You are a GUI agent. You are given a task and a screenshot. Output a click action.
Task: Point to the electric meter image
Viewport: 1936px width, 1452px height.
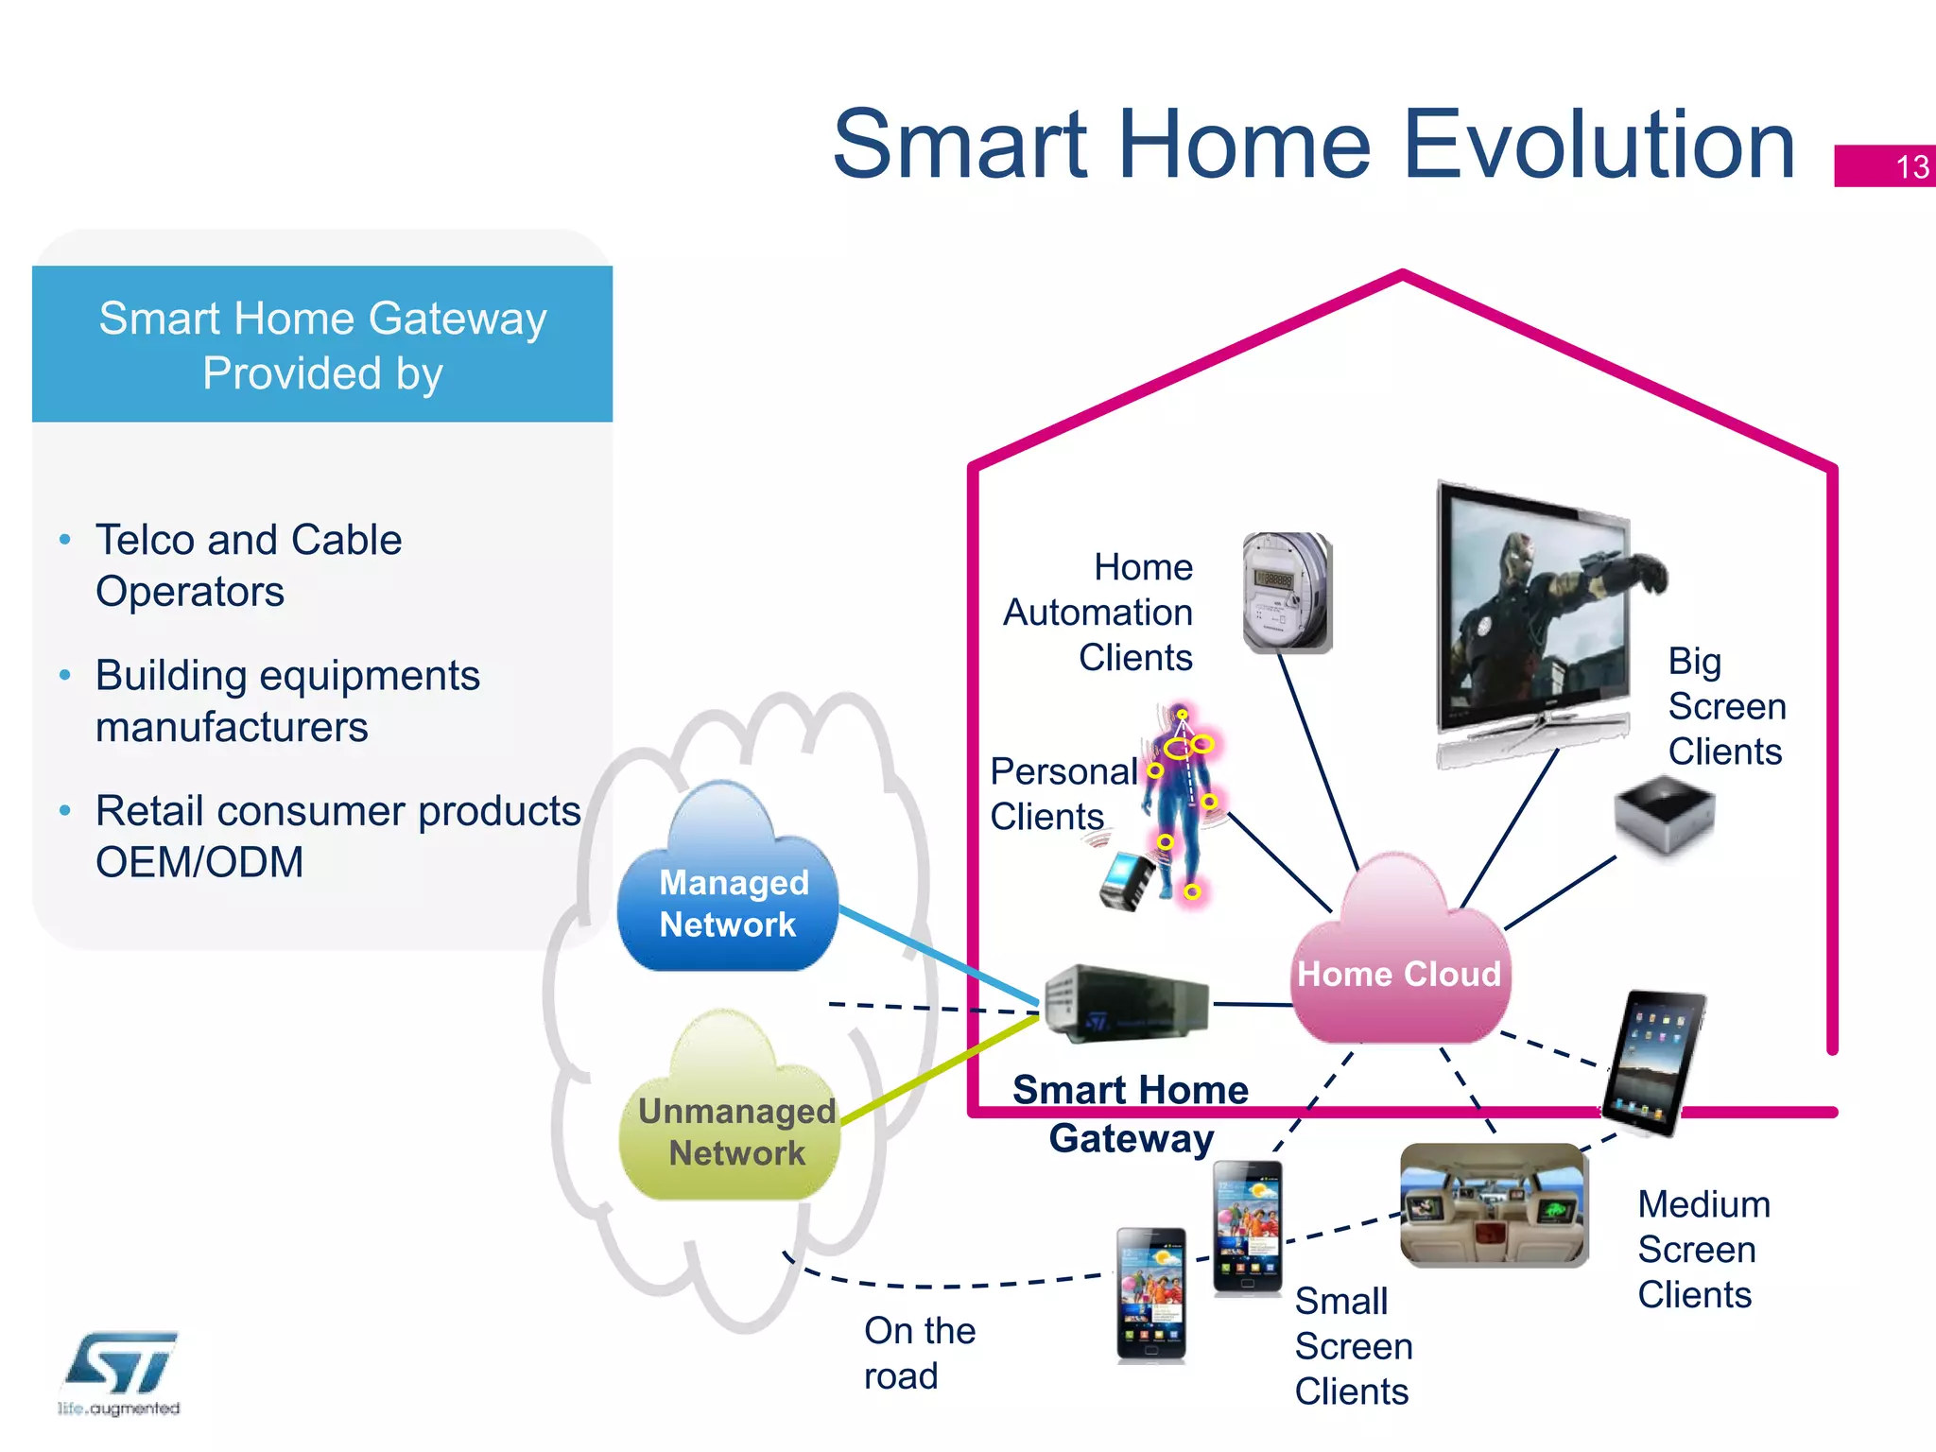[1287, 593]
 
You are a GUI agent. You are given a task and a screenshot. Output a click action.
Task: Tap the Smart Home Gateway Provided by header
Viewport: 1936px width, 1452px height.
[322, 345]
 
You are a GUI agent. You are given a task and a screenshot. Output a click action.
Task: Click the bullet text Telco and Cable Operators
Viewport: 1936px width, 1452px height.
[249, 565]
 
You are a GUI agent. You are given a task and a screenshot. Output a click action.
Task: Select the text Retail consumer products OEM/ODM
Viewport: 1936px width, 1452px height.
[337, 837]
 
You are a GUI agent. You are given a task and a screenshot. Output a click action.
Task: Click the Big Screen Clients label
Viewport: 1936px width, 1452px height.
[1726, 706]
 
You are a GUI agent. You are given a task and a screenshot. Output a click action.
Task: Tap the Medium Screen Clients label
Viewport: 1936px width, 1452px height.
[1703, 1250]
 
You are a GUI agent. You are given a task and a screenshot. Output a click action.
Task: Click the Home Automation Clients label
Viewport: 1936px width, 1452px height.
[1099, 613]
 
